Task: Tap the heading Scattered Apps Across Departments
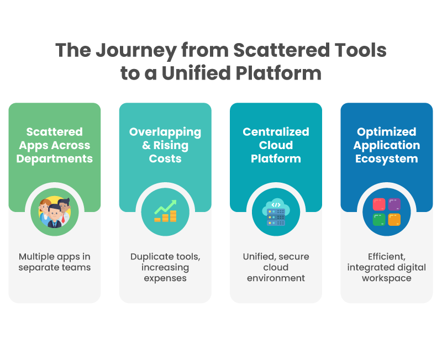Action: [55, 145]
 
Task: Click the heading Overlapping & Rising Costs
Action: [165, 145]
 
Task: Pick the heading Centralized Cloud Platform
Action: [276, 145]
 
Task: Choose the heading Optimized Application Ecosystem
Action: [387, 145]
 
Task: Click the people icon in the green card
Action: [55, 213]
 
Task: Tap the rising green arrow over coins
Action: [165, 208]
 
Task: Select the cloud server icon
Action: [276, 213]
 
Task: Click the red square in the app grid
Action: [379, 205]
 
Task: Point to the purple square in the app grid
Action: [394, 205]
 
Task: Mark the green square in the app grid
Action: [379, 220]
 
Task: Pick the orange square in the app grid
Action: [394, 220]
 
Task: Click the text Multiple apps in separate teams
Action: [55, 262]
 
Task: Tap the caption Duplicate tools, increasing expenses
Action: [165, 267]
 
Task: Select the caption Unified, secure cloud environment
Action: [276, 267]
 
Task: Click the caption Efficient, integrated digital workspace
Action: [387, 267]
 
